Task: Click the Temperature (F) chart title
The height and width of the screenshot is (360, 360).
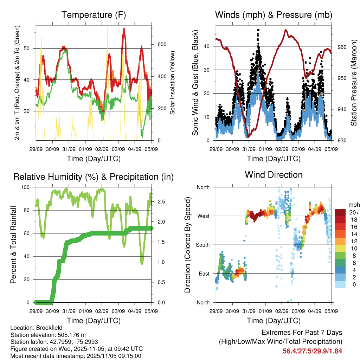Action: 94,15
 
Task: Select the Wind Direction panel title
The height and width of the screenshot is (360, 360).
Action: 274,175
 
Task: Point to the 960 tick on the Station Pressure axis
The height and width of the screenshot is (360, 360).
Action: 342,47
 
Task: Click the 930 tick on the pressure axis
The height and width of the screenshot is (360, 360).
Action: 342,141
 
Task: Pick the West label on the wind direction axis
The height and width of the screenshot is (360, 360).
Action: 203,216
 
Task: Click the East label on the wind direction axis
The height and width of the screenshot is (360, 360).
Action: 204,274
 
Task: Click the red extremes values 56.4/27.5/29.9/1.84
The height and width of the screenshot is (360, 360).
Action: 312,351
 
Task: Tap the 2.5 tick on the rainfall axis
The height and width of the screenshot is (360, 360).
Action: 161,202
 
